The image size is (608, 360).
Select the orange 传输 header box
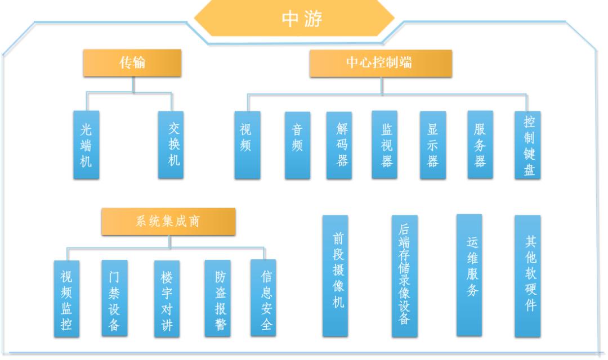point(133,63)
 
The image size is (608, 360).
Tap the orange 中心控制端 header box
point(381,63)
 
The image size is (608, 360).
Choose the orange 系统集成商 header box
point(168,222)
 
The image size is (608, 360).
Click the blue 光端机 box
point(86,145)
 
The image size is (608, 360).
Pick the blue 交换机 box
point(171,145)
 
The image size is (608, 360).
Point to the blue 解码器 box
point(339,145)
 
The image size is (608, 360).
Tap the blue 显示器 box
point(432,145)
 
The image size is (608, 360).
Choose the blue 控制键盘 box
point(527,145)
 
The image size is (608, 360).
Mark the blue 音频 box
point(297,145)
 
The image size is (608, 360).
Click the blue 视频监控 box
point(67,299)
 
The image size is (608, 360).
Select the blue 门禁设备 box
point(114,298)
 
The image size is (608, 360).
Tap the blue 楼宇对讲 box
point(167,299)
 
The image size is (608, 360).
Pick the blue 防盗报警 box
point(217,298)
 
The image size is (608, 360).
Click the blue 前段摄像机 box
point(335,276)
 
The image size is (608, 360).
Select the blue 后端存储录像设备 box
point(404,276)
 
